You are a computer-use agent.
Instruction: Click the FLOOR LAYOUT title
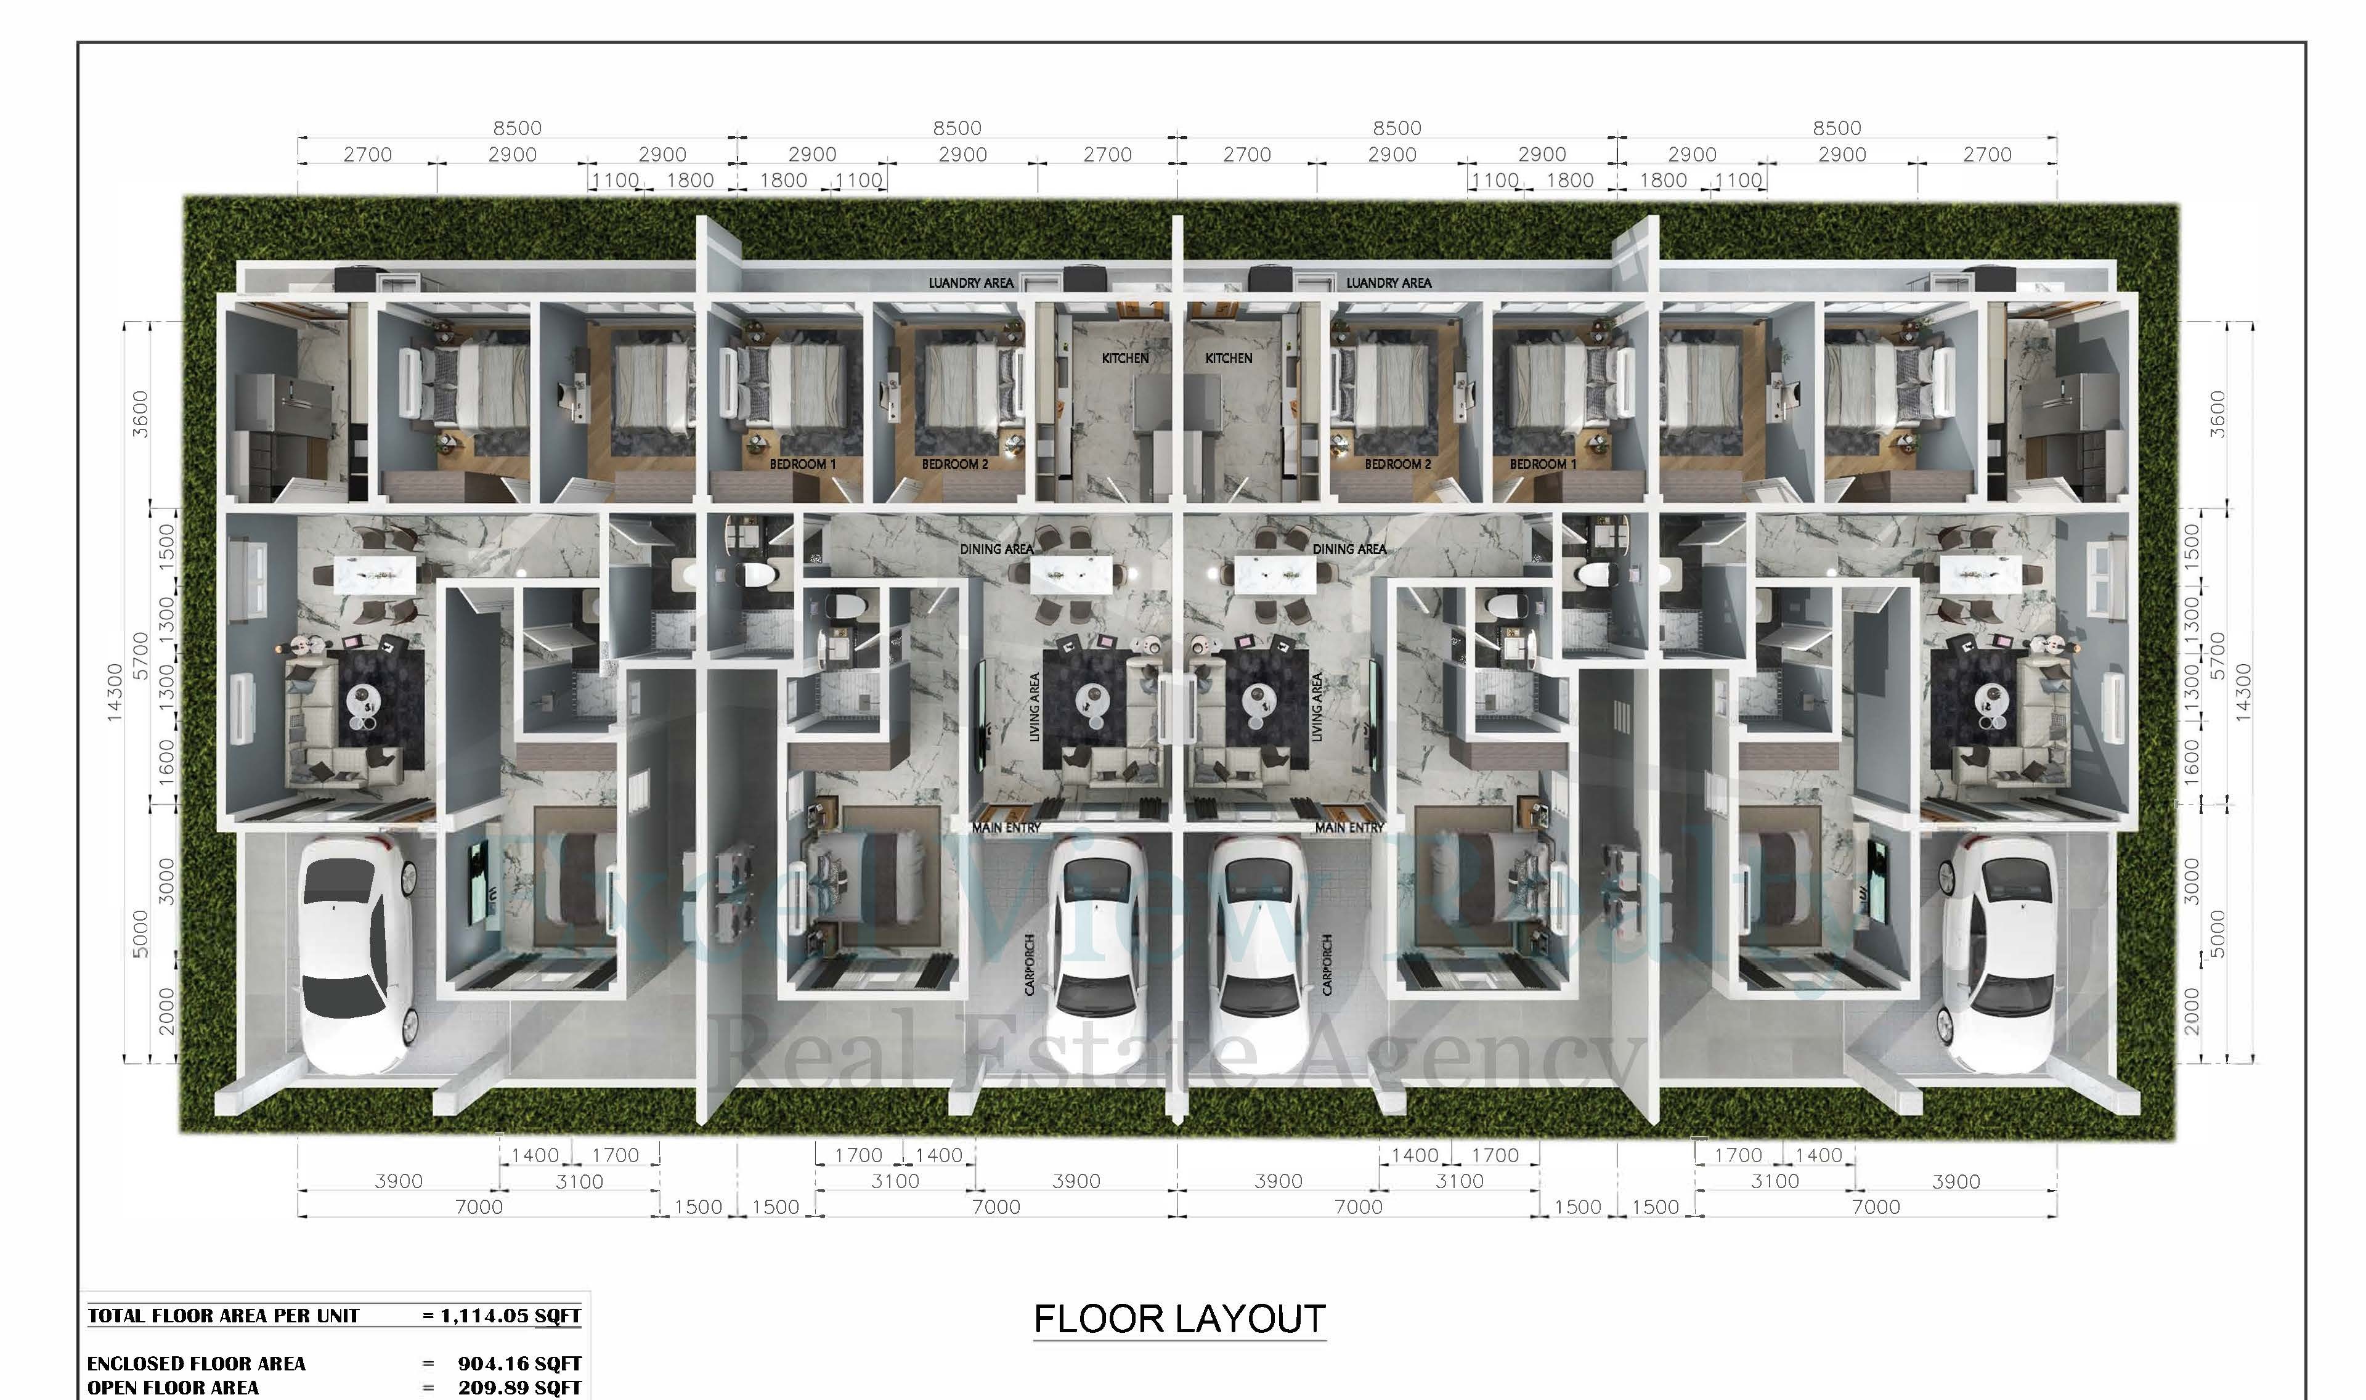pos(1180,1318)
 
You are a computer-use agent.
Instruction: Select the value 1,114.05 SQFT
pos(510,1315)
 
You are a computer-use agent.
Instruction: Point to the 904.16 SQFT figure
pos(519,1363)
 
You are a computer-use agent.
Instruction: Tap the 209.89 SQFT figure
pos(519,1388)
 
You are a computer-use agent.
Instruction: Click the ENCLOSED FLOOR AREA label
pos(196,1363)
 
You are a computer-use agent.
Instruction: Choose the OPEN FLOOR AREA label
pos(173,1388)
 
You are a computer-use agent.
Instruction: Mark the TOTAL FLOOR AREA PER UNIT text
pos(224,1315)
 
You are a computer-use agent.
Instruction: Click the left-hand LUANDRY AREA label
pos(970,283)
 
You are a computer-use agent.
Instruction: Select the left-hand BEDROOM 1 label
pos(802,464)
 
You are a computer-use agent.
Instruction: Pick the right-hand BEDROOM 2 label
pos(1397,464)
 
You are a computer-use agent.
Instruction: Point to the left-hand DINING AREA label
pos(997,549)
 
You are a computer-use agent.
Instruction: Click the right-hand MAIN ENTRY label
pos(1349,828)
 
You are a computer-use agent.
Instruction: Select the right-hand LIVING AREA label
pos(1317,707)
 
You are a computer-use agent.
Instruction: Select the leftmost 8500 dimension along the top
pos(517,128)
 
